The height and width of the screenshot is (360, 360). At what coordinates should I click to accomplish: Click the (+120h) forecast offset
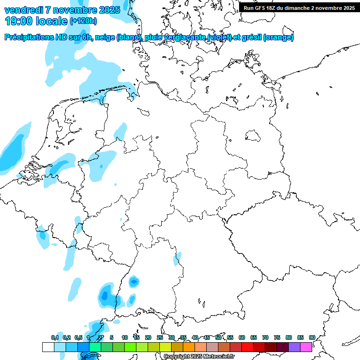[x=83, y=21]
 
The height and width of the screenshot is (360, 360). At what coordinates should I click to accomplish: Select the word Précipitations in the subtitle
[x=30, y=37]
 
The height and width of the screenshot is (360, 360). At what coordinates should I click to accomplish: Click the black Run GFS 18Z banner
[x=299, y=8]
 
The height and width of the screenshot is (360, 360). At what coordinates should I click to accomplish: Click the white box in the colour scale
[x=48, y=347]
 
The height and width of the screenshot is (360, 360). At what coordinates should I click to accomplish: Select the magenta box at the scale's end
[x=306, y=347]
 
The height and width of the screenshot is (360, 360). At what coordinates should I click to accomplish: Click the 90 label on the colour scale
[x=312, y=337]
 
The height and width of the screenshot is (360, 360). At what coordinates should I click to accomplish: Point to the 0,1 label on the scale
[x=55, y=337]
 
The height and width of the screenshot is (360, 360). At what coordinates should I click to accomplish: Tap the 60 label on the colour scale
[x=242, y=337]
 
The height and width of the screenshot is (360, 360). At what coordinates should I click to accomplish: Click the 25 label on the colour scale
[x=160, y=337]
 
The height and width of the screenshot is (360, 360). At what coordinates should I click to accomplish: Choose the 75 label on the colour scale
[x=277, y=337]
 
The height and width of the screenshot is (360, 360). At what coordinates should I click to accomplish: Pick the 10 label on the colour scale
[x=125, y=337]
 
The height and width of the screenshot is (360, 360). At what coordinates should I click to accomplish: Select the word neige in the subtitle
[x=105, y=37]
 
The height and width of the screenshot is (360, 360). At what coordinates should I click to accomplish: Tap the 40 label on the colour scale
[x=195, y=337]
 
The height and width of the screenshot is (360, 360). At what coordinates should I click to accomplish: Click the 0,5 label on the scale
[x=78, y=337]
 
